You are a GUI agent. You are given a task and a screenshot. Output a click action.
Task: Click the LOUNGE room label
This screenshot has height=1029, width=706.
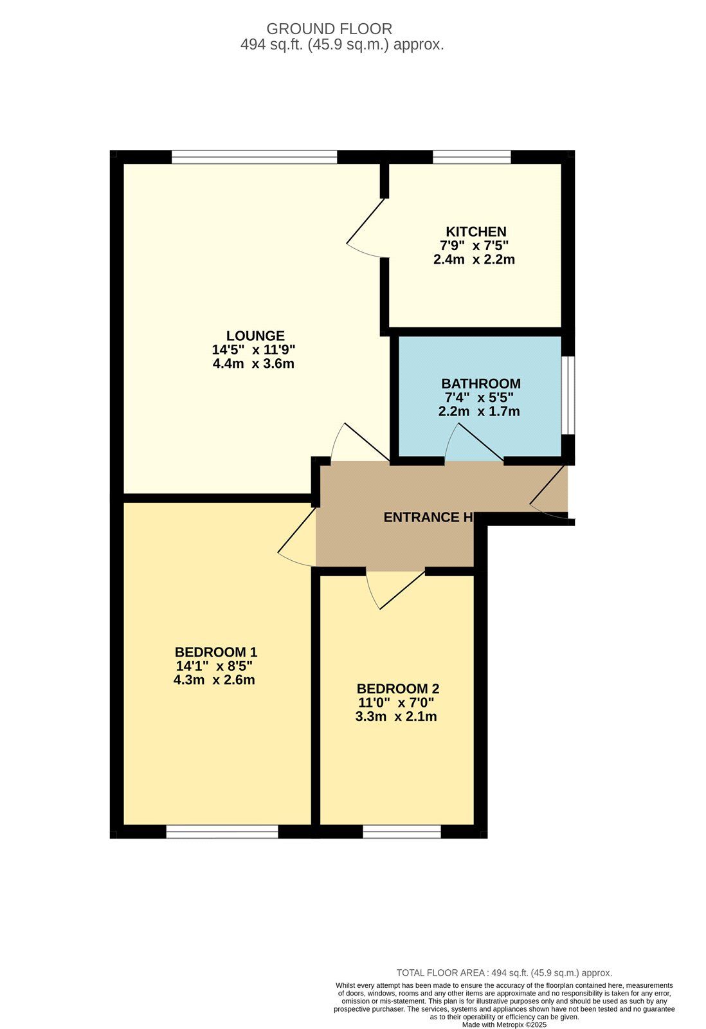point(255,336)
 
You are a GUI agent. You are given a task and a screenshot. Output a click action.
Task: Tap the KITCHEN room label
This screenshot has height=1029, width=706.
point(476,232)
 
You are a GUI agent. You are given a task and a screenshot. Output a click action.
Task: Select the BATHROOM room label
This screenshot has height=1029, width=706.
point(480,384)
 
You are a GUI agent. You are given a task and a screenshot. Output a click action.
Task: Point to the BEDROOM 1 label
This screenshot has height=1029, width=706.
point(216,652)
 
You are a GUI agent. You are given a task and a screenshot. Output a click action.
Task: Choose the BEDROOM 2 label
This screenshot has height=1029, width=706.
point(398,689)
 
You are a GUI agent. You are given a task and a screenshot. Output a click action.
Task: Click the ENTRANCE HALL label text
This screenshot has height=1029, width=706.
point(429,517)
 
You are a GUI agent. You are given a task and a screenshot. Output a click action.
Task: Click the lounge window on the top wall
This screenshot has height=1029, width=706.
point(254,157)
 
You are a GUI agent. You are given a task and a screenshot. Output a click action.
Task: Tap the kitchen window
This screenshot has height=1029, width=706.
point(471,157)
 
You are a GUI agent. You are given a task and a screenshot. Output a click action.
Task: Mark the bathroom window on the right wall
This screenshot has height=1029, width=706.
point(568,395)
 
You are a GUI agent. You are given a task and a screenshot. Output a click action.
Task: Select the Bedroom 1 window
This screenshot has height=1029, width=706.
point(222,832)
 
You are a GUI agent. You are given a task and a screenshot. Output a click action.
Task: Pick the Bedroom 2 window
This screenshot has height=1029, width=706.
point(402,832)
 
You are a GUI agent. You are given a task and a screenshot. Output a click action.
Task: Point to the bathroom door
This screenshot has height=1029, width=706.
point(474,444)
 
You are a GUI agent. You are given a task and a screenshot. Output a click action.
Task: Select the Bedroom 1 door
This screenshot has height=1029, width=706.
point(297,537)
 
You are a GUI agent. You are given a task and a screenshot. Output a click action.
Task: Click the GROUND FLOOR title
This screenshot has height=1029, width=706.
point(329,29)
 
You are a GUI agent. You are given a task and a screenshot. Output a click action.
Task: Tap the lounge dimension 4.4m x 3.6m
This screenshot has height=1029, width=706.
point(253,363)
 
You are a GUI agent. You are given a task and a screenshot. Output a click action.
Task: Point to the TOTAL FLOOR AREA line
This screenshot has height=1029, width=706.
point(504,973)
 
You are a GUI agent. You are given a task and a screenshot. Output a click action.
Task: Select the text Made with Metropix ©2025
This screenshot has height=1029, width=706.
point(504,1024)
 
